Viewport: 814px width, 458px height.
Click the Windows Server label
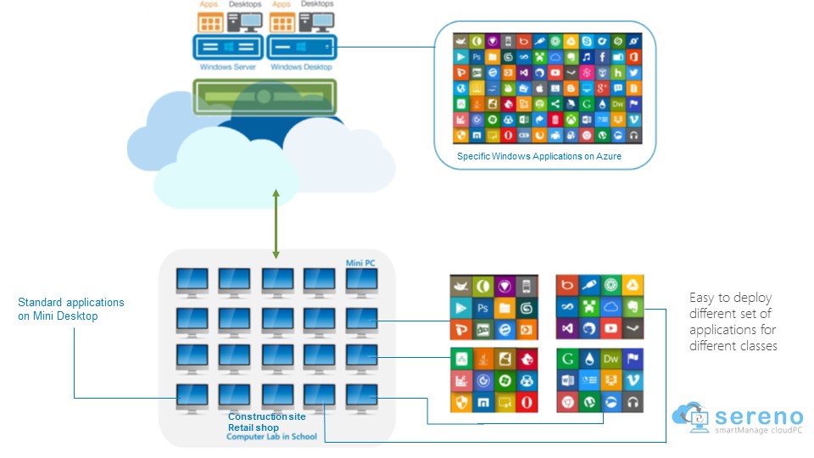pos(228,66)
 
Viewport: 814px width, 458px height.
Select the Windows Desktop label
pos(301,66)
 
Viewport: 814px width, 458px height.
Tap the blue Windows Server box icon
pos(228,46)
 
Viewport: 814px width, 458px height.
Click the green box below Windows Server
pos(265,96)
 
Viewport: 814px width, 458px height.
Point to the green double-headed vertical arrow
pos(275,224)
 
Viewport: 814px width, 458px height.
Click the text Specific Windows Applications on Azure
pos(539,156)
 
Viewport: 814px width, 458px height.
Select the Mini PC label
pos(360,264)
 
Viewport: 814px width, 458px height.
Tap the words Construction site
pos(267,416)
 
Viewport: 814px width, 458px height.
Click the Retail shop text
pos(254,427)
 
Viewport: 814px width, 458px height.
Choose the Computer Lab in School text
pos(271,437)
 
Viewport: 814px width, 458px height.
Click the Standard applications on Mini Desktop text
pos(71,310)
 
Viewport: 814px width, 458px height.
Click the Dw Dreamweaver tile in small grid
pos(610,359)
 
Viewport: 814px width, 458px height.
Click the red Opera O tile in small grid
pos(526,400)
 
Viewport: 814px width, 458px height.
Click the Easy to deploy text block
pos(733,322)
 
